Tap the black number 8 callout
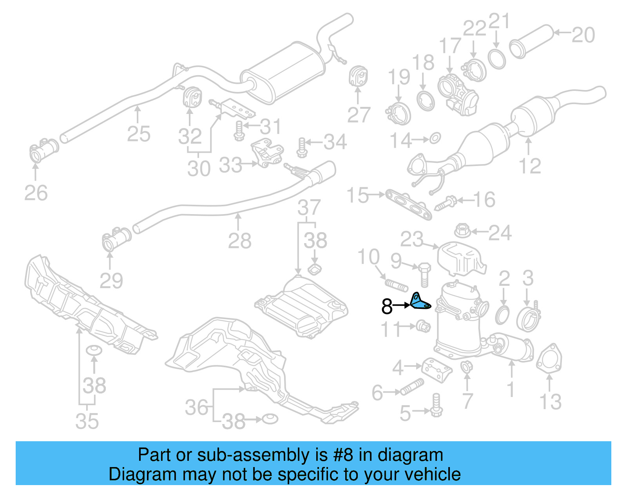tap(387, 307)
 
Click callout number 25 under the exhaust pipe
tap(139, 134)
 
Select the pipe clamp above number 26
tap(43, 151)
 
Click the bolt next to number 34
tap(301, 147)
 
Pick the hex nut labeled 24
tap(462, 231)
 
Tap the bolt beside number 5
tap(436, 406)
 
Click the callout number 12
tap(530, 166)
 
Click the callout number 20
tap(583, 35)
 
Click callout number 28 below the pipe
tap(239, 240)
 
